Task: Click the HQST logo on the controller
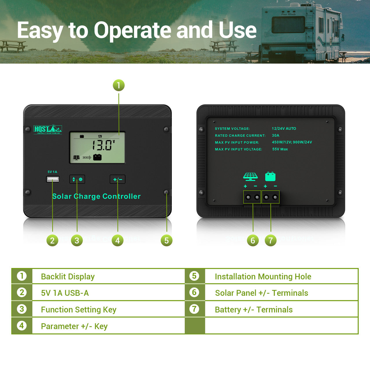click(x=48, y=129)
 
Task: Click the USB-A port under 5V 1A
click(x=53, y=179)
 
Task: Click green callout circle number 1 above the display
click(x=119, y=85)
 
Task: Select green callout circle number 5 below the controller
click(x=166, y=240)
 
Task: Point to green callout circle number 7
click(x=271, y=240)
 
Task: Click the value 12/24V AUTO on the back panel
click(x=284, y=128)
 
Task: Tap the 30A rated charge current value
click(x=275, y=135)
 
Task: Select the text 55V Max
click(x=280, y=149)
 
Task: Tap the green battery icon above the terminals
click(x=270, y=176)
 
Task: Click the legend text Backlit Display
click(x=68, y=277)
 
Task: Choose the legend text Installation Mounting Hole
click(x=263, y=277)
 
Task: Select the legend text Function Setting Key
click(x=79, y=310)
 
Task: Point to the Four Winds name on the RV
click(x=288, y=14)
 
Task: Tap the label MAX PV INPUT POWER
click(x=237, y=143)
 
